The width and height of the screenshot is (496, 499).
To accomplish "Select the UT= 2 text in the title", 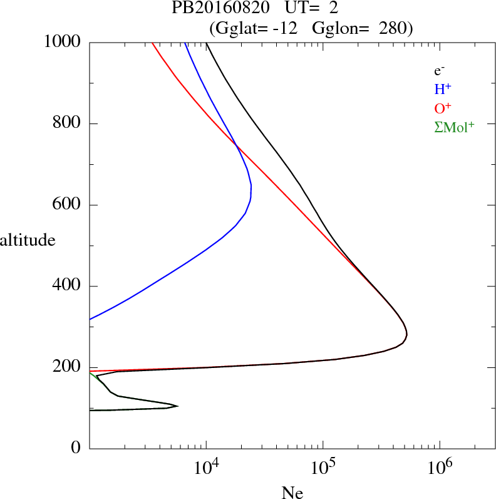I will click(x=312, y=8).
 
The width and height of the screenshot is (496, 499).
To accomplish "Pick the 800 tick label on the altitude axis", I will click(x=67, y=123).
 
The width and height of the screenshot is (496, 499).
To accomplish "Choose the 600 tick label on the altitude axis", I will click(x=67, y=205).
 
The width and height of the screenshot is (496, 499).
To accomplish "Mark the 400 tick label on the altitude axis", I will click(x=67, y=286).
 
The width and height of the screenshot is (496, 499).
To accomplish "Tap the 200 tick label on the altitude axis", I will click(x=67, y=368).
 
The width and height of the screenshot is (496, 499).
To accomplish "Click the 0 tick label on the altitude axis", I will click(x=76, y=449).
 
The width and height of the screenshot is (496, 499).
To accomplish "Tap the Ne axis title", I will click(x=292, y=493).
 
